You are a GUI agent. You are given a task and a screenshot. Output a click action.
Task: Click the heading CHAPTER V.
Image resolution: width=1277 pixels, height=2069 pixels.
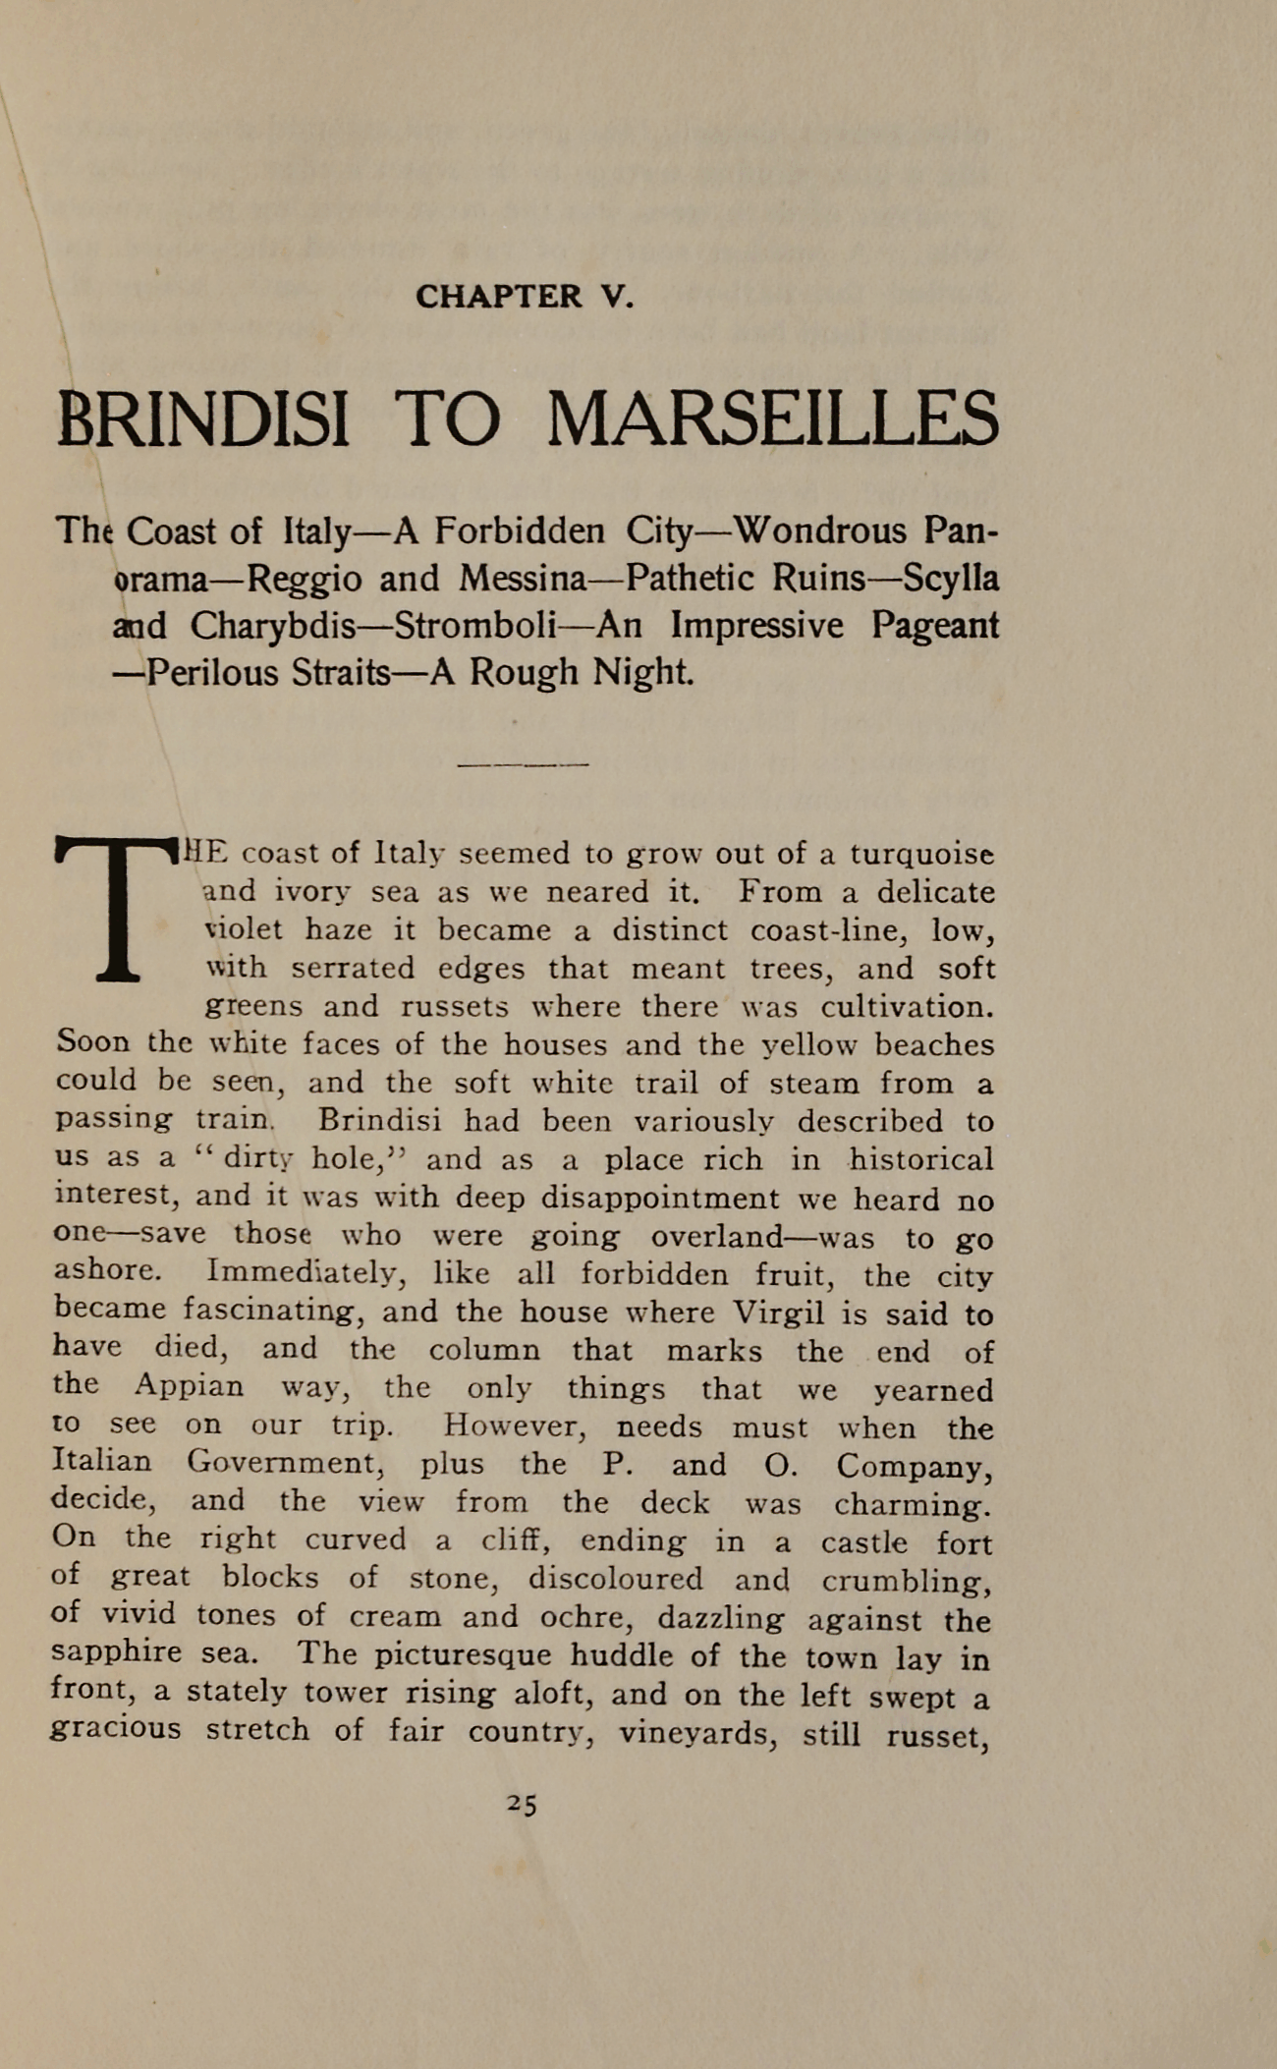coord(525,296)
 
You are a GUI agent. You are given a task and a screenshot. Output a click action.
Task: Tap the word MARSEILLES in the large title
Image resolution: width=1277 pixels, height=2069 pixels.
coord(772,420)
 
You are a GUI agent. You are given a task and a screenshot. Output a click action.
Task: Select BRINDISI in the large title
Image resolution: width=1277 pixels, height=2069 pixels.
coord(203,420)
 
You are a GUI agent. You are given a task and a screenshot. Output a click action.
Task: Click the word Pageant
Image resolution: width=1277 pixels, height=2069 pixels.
coord(934,626)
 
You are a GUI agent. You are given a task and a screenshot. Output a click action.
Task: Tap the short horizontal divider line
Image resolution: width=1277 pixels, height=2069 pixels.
coord(524,763)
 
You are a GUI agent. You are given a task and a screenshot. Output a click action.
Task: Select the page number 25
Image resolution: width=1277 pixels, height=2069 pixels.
coord(523,1803)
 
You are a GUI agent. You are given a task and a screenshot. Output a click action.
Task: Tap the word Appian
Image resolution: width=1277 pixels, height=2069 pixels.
coord(189,1386)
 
